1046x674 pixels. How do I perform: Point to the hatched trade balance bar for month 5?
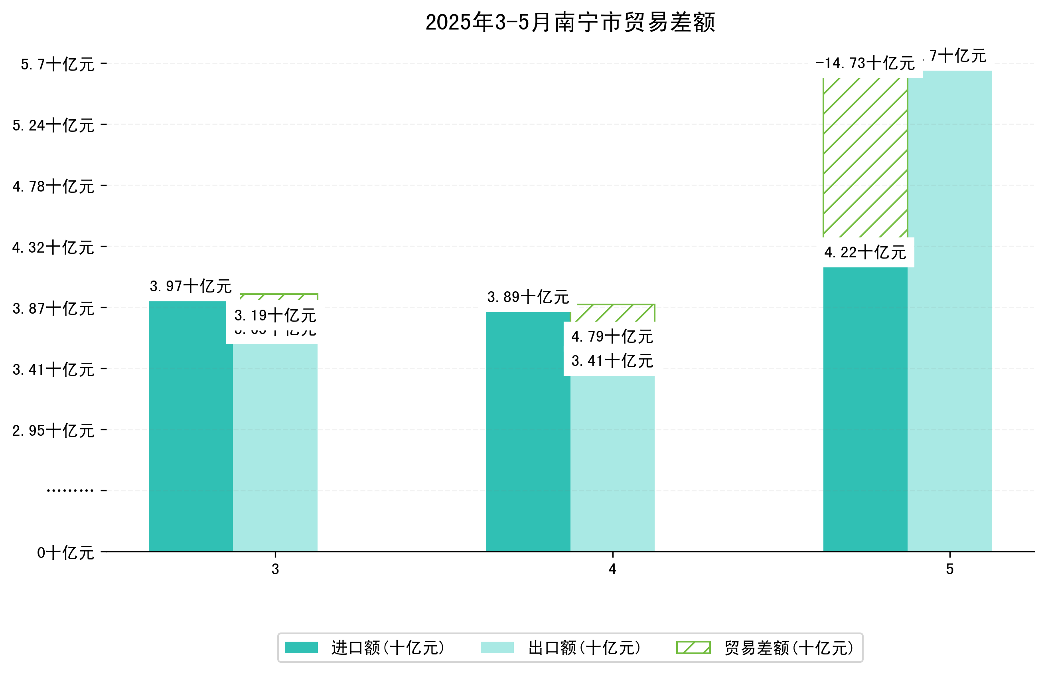tap(865, 158)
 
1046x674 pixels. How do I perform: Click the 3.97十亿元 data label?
tap(190, 286)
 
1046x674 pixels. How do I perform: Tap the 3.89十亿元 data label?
tap(528, 297)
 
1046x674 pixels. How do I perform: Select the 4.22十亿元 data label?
tap(865, 253)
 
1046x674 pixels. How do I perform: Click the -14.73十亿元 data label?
tap(865, 63)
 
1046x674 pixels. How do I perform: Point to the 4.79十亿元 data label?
tap(612, 336)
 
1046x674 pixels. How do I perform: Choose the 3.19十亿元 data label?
tap(275, 316)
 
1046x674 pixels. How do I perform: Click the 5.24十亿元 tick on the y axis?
tap(53, 126)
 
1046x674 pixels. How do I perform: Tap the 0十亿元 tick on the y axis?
tap(65, 553)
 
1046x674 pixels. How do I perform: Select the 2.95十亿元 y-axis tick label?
tap(53, 431)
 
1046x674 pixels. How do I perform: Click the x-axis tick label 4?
tap(612, 569)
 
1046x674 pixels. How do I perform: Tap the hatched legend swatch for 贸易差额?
tap(693, 648)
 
